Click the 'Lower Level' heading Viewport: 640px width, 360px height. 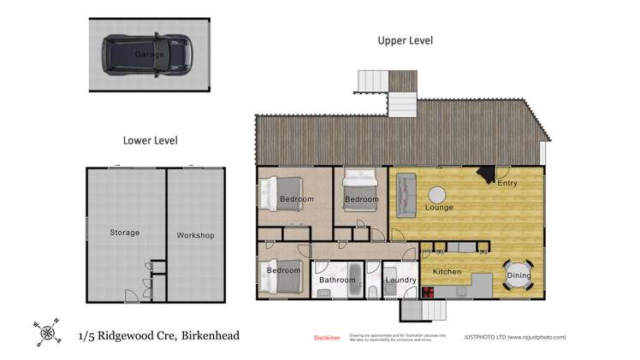coord(150,139)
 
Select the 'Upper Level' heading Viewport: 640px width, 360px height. coord(406,40)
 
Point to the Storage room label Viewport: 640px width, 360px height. coord(124,233)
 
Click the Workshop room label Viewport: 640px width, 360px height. coord(195,235)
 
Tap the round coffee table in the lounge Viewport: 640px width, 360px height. coord(438,194)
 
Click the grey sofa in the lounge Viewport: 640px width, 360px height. coord(404,193)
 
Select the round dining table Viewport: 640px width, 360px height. coord(519,273)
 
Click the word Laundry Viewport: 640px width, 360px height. coord(400,280)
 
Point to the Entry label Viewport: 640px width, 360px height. coord(507,183)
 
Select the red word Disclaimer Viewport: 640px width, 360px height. coord(327,338)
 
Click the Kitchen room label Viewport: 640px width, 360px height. coord(447,272)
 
